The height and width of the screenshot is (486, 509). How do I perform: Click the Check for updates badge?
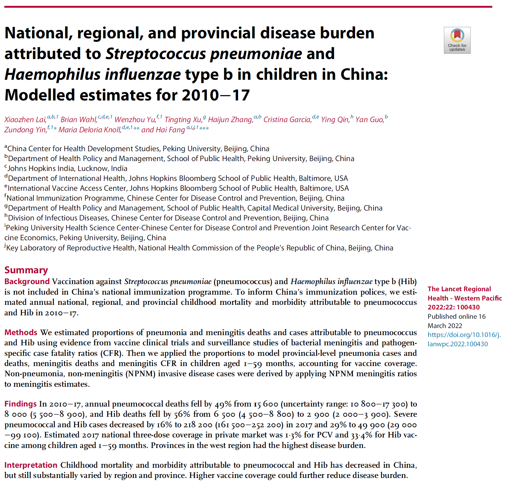pyautogui.click(x=457, y=40)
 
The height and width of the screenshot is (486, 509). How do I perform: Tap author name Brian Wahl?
pyautogui.click(x=79, y=120)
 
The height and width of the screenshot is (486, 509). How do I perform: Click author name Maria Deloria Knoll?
pyautogui.click(x=90, y=130)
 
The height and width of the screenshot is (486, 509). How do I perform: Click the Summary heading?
pyautogui.click(x=26, y=270)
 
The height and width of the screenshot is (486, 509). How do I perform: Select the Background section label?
pyautogui.click(x=27, y=282)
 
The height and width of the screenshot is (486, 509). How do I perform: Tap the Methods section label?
pyautogui.click(x=21, y=333)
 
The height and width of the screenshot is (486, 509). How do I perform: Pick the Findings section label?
pyautogui.click(x=20, y=404)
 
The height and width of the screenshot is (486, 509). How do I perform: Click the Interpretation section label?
pyautogui.click(x=31, y=465)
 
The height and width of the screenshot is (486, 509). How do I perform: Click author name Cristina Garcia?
pyautogui.click(x=287, y=120)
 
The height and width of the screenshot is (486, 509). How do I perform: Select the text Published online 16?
pyautogui.click(x=456, y=317)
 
